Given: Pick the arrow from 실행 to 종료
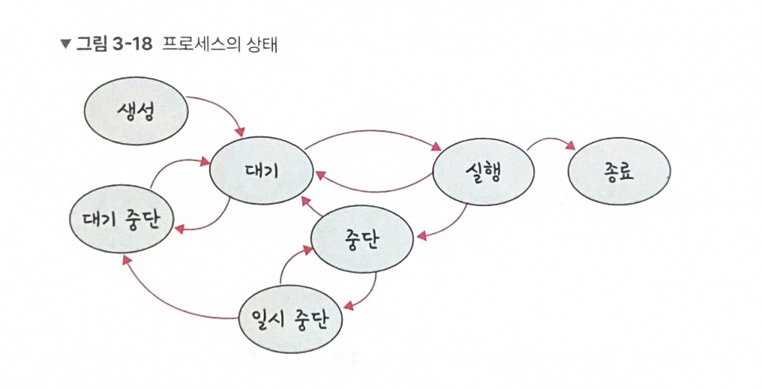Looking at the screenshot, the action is pos(551,140).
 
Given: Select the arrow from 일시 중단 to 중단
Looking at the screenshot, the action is pos(289,264).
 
